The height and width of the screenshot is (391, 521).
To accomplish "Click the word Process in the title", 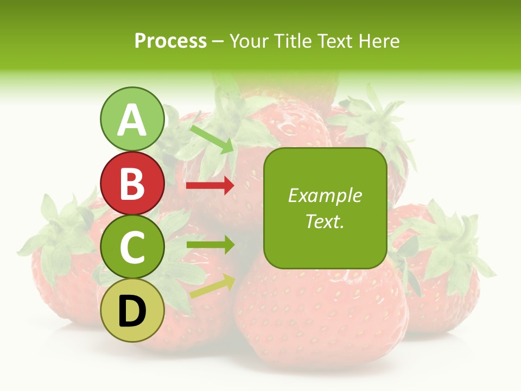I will [170, 41].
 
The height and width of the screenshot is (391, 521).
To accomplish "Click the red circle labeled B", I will [132, 184].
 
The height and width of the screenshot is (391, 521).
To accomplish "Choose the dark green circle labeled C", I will [132, 247].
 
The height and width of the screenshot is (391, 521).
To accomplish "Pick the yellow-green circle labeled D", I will [132, 311].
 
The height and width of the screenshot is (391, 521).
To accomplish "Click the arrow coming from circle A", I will [212, 139].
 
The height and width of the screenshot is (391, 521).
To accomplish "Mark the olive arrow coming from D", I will [212, 286].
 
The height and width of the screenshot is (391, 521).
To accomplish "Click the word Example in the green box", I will [325, 195].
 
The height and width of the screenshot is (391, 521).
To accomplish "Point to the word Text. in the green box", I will [325, 221].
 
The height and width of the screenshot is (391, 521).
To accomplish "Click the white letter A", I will [132, 120].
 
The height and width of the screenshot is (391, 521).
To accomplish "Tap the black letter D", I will [132, 311].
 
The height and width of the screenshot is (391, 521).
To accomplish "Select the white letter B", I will [132, 184].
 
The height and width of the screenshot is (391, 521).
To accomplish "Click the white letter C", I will [132, 247].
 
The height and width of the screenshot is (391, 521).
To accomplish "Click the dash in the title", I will [218, 42].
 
